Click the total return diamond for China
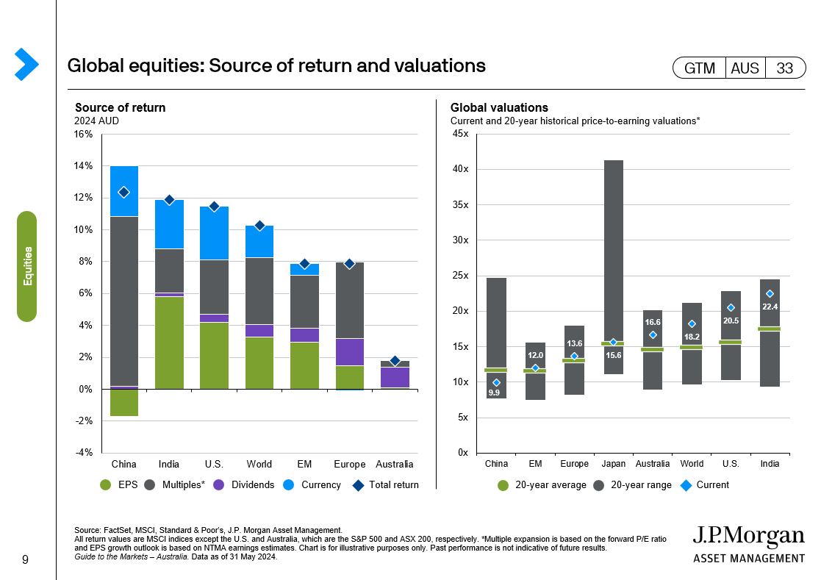[x=124, y=192]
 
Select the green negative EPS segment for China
[x=124, y=403]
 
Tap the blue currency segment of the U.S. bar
[x=214, y=233]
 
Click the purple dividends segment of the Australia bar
[x=395, y=377]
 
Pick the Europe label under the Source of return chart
[x=349, y=464]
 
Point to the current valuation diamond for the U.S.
[x=731, y=308]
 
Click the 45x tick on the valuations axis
[x=461, y=134]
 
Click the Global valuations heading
[x=499, y=108]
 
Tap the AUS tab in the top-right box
[x=745, y=68]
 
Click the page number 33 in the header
[x=784, y=68]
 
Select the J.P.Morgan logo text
[x=748, y=537]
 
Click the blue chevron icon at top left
[x=26, y=64]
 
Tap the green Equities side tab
[x=27, y=266]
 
